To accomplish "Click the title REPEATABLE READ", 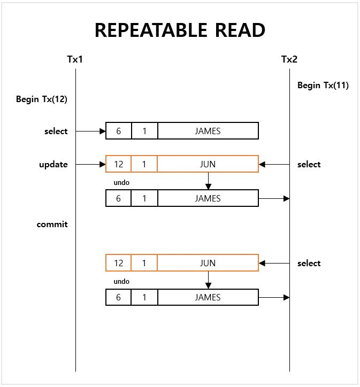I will click(180, 30).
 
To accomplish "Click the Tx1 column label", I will click(75, 59).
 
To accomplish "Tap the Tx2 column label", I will click(289, 59).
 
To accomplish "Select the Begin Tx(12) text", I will click(42, 99).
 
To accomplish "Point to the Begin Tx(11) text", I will click(323, 85).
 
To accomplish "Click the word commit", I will click(52, 225).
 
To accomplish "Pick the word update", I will click(53, 165).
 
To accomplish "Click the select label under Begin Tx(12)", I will click(56, 131).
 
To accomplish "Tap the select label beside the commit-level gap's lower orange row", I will click(309, 263).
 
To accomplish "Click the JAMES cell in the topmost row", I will click(208, 131).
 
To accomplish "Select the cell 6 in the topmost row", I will click(119, 131).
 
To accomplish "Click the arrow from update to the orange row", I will click(90, 165).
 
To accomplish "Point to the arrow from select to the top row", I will click(90, 131).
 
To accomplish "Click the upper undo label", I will click(121, 183).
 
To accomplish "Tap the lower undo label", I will click(121, 282).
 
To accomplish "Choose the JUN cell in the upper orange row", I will click(208, 165).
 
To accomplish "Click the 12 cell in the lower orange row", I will click(119, 263).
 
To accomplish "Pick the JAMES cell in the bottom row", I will click(208, 297).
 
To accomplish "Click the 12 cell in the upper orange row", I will click(119, 165).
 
